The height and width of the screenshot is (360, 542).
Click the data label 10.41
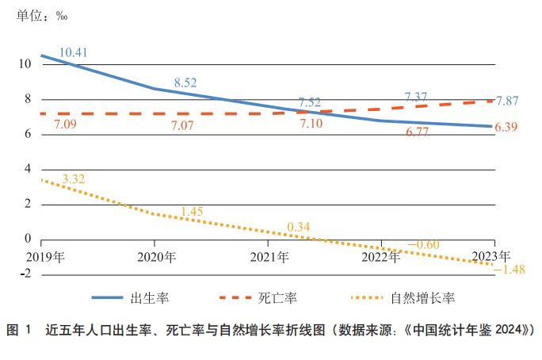[73, 52]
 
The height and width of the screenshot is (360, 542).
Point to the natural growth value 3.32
[72, 179]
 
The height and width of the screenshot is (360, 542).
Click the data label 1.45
[193, 211]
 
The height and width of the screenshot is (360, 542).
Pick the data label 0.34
[298, 228]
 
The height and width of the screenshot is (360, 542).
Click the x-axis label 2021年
[269, 257]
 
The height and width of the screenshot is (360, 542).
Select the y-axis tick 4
[26, 169]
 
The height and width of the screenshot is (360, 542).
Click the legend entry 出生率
[148, 298]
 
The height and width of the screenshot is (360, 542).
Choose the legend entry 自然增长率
[422, 298]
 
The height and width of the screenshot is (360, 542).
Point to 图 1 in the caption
[20, 329]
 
